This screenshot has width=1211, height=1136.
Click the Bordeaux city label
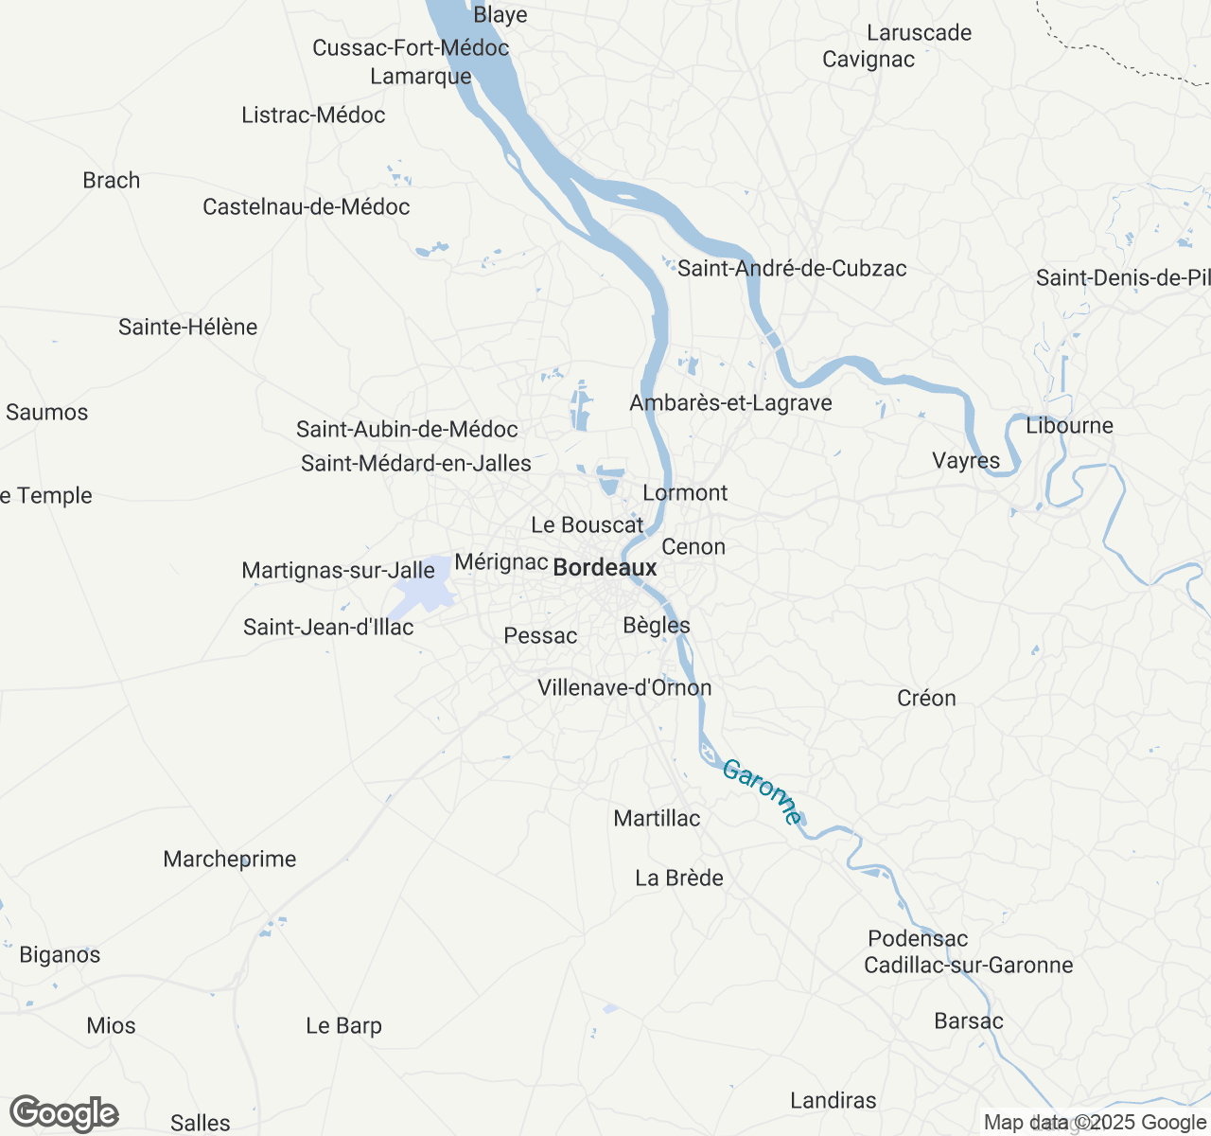[x=605, y=568]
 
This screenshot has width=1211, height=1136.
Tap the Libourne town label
[x=1069, y=426]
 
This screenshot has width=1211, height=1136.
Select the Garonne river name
[x=763, y=792]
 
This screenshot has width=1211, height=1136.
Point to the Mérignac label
[x=501, y=562]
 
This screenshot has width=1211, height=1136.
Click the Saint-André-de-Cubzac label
[x=792, y=269]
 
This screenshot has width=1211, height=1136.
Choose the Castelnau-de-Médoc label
[x=307, y=207]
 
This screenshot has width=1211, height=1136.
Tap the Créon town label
[x=926, y=699]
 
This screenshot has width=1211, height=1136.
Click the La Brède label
[x=679, y=879]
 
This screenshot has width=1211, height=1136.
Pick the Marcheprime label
[x=230, y=860]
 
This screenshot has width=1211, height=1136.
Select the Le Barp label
[x=343, y=1026]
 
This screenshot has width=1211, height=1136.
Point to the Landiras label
[x=834, y=1101]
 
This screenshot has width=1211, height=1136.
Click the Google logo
[x=63, y=1114]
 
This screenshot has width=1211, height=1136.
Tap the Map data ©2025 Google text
[x=1095, y=1123]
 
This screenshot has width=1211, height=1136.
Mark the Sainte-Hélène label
[x=188, y=328]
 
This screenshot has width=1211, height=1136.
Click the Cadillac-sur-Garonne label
[x=969, y=966]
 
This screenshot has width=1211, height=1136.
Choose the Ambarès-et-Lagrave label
[x=730, y=403]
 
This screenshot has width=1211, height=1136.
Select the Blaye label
[x=500, y=15]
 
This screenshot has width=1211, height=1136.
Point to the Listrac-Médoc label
[x=313, y=115]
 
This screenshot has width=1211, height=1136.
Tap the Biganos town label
[x=60, y=955]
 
